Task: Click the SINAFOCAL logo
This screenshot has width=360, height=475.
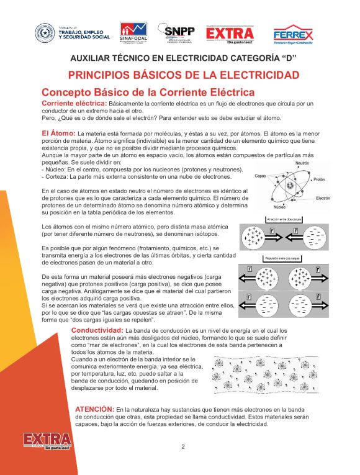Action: coord(133,34)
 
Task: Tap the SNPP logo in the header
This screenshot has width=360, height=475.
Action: coord(176,34)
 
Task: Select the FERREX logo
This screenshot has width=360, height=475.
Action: coord(293,35)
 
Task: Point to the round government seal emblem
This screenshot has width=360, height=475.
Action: coord(44,33)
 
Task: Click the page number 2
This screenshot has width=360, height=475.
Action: coord(183,446)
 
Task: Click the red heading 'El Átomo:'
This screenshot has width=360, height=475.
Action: coord(58,133)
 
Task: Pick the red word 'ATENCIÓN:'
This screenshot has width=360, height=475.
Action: coord(94,409)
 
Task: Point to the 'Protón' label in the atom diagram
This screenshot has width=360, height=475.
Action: coord(319,179)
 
